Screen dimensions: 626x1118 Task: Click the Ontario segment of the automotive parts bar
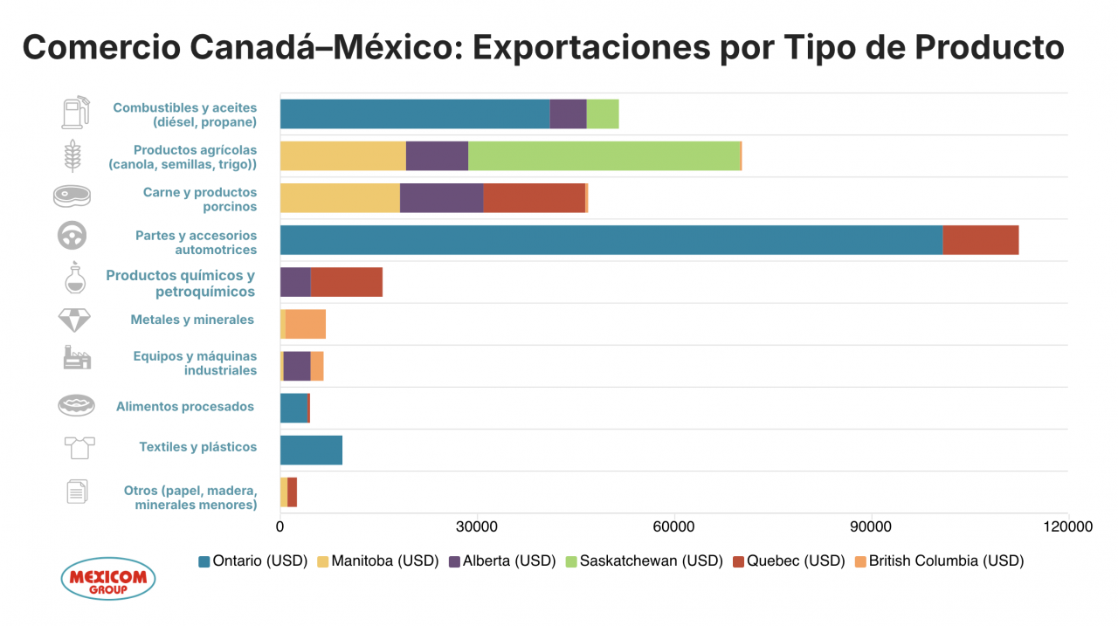(611, 240)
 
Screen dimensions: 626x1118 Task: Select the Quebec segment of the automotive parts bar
(980, 240)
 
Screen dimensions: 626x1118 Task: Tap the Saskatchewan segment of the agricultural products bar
(604, 155)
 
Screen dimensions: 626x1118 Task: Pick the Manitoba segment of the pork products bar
(340, 198)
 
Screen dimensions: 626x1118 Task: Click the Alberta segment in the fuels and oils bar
(568, 114)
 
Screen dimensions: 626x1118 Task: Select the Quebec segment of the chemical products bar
(346, 282)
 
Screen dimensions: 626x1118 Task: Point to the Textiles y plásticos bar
(311, 450)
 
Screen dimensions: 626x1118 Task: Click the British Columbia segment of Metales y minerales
(305, 324)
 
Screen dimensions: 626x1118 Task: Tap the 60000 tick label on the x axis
(673, 527)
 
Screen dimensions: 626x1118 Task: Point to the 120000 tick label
(1066, 527)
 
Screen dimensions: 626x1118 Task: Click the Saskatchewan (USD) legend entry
(644, 561)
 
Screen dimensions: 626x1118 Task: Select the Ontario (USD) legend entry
(253, 561)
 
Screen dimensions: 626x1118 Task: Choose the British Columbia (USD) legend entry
(938, 561)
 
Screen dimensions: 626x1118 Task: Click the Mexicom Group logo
(108, 579)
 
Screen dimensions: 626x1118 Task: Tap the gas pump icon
(74, 113)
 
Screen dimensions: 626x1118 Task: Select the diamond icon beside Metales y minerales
(73, 320)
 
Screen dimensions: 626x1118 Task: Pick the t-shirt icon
(79, 448)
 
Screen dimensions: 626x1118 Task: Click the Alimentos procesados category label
(185, 407)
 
